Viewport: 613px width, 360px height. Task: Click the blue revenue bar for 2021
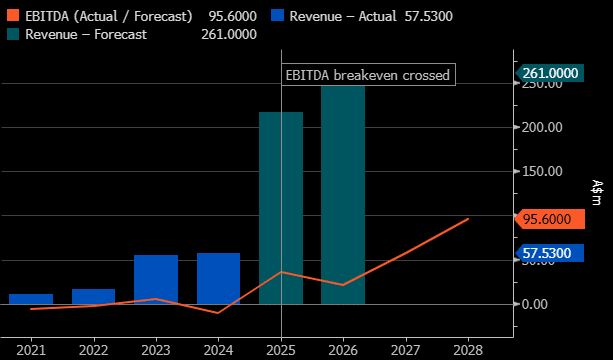(31, 299)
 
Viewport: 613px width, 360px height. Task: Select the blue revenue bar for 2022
(93, 297)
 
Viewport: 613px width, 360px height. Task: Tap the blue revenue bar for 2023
(156, 279)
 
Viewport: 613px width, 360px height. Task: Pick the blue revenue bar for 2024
(218, 279)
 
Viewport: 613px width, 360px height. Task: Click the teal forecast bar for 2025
(281, 208)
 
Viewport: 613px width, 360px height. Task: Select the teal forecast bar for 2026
(343, 195)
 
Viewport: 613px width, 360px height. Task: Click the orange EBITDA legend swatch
(13, 16)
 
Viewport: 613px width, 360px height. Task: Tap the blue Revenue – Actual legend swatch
(277, 16)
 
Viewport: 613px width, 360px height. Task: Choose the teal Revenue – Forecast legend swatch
(13, 34)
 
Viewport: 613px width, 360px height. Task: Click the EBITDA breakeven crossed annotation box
(368, 75)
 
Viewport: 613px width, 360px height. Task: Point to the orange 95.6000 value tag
(549, 219)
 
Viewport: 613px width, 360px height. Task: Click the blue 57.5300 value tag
(549, 253)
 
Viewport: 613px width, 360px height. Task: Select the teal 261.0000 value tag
(549, 73)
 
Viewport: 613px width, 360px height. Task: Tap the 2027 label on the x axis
(405, 350)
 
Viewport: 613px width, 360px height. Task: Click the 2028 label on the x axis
(468, 350)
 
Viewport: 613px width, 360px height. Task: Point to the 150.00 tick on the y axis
(543, 171)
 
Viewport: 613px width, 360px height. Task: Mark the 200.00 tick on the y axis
(543, 127)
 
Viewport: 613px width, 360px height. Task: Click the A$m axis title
(596, 192)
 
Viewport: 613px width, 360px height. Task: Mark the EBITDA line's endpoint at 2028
(468, 219)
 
